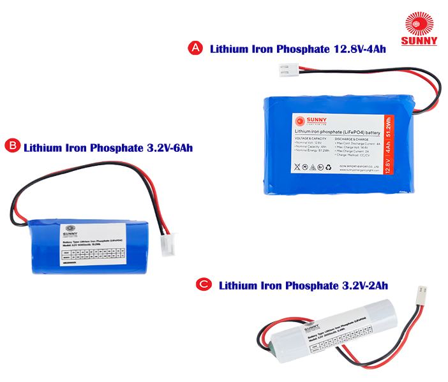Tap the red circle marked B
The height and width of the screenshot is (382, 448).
(12, 147)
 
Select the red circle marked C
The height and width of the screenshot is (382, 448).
(204, 284)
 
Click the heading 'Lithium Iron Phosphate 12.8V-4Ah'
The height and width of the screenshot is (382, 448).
(298, 49)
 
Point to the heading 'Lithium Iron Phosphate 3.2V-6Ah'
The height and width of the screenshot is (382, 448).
(108, 147)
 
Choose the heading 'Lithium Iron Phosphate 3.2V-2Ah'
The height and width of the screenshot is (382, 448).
(303, 285)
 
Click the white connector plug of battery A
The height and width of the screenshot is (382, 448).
(288, 71)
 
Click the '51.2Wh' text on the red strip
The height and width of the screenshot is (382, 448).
(388, 132)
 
